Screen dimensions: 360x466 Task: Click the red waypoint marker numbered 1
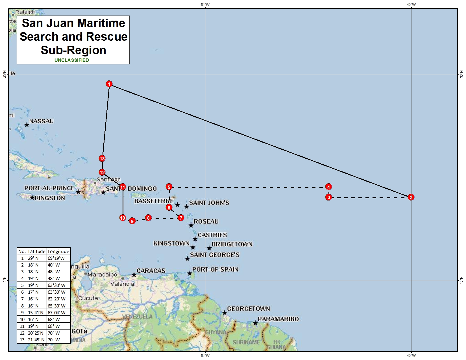point(109,84)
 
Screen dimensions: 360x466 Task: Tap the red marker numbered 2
point(411,197)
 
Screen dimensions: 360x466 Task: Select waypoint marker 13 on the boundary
point(102,158)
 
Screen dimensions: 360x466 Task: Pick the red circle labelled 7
point(181,218)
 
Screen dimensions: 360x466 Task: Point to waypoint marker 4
point(328,187)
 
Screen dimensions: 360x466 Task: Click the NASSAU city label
point(41,121)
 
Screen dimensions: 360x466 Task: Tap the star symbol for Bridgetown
point(209,248)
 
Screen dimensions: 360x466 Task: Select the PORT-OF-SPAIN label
point(215,269)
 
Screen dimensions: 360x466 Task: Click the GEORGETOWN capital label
point(249,309)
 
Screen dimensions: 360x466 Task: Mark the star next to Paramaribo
point(255,323)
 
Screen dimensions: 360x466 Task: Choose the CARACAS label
point(151,271)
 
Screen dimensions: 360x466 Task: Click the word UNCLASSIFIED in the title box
point(72,60)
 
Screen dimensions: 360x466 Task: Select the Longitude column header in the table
point(58,251)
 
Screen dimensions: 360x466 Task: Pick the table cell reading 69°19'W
point(56,258)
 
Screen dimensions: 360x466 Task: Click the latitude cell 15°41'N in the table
point(36,313)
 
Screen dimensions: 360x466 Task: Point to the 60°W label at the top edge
point(205,5)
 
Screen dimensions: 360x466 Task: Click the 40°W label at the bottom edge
point(411,355)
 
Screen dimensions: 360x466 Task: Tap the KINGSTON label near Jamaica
point(50,198)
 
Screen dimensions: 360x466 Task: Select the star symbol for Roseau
point(191,225)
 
